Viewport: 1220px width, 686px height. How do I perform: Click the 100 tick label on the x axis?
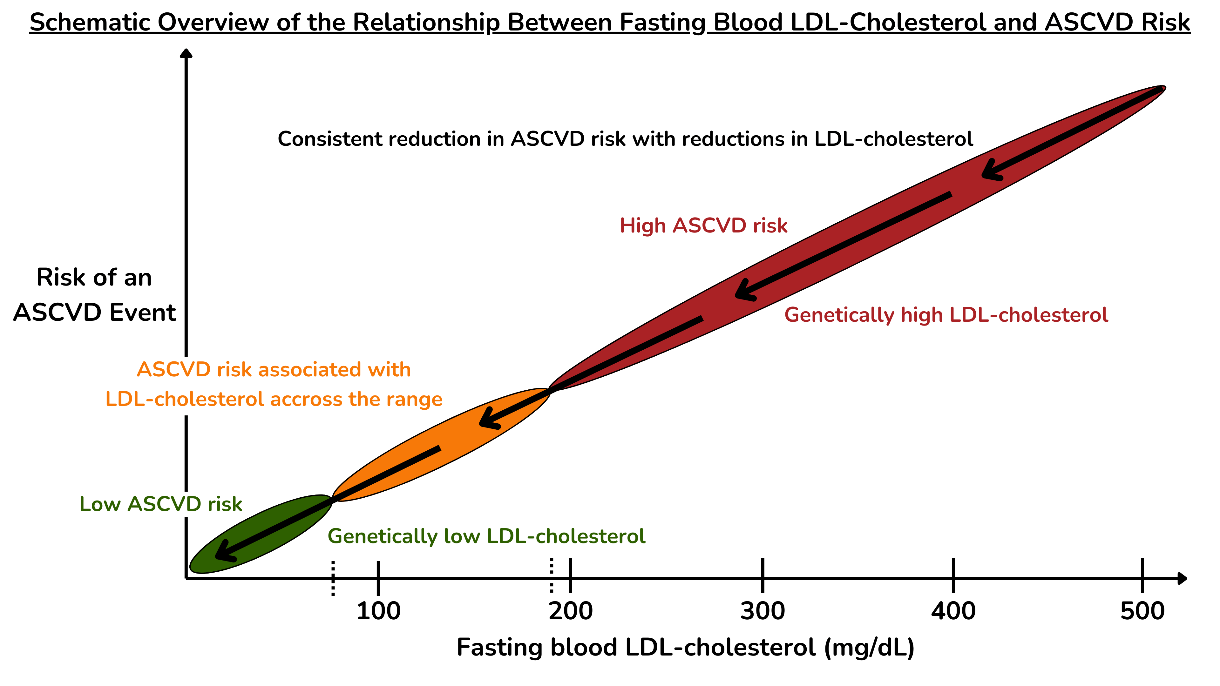point(378,611)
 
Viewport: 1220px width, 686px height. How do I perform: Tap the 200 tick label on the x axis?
point(571,611)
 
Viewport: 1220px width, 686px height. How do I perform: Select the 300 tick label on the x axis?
point(762,611)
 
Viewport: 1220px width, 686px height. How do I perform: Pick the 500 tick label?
point(1142,611)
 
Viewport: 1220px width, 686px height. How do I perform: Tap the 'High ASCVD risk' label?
point(703,226)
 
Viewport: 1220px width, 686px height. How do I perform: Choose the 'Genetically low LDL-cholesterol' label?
point(486,536)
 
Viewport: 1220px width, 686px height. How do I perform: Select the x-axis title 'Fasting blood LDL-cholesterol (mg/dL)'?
point(685,648)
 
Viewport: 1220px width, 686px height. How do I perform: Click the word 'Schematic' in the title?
point(90,23)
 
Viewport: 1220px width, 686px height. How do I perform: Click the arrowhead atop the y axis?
point(186,53)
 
